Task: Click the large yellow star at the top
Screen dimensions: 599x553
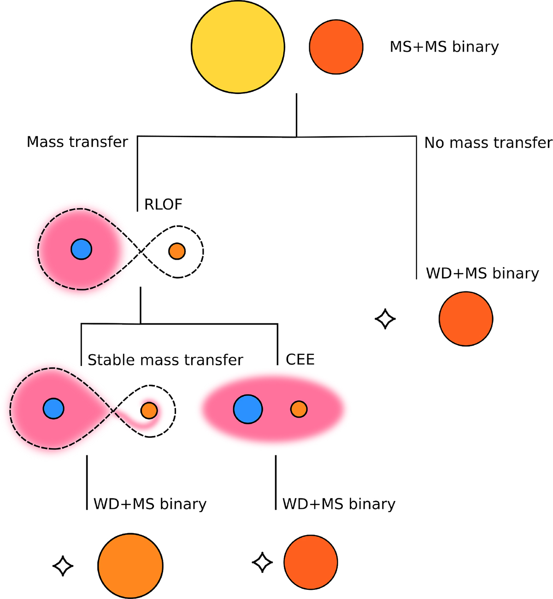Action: pos(238,47)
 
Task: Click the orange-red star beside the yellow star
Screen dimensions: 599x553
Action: pos(336,47)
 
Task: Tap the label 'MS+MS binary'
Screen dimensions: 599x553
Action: pos(444,47)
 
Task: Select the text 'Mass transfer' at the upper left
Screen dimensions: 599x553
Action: pos(77,142)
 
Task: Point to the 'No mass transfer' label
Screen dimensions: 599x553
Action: pos(488,143)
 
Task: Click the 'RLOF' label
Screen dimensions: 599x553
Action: pos(163,204)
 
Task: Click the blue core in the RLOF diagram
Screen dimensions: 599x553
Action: pos(82,250)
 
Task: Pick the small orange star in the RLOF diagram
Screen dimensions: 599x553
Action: pos(177,251)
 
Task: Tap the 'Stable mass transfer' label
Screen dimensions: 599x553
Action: pos(165,360)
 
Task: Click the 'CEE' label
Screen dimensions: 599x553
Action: pos(300,359)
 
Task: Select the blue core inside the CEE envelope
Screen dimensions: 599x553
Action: pos(248,409)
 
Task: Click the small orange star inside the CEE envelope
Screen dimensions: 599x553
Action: pos(299,409)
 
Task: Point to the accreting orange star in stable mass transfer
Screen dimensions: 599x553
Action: pos(149,410)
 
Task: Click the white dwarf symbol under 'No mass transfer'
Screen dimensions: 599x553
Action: pos(385,319)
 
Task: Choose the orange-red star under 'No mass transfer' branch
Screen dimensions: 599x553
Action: pos(466,319)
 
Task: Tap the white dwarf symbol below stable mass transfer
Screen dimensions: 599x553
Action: pos(63,566)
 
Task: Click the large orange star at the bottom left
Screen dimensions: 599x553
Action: pos(130,566)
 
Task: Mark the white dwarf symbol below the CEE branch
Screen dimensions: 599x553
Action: pos(263,562)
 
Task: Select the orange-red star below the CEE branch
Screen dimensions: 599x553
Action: pos(311,562)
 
